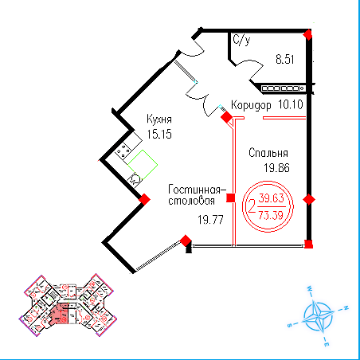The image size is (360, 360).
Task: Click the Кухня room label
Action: pos(159,119)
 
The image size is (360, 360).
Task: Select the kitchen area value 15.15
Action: pos(159,134)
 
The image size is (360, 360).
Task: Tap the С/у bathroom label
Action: pos(241,40)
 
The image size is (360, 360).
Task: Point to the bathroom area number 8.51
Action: pos(285,59)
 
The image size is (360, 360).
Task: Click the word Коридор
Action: pos(251,105)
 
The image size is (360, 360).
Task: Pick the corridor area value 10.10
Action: pos(291,104)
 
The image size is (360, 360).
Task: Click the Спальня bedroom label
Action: pos(268,153)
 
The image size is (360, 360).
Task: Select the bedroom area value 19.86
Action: pos(276,168)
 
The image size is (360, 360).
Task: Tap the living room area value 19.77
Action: pos(210,220)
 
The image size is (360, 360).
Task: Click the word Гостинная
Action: pos(194,190)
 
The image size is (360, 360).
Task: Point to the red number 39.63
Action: pos(272,198)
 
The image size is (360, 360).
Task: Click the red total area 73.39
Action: pos(271,215)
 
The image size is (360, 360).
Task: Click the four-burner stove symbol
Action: pos(123,151)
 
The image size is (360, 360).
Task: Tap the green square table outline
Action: pos(143,165)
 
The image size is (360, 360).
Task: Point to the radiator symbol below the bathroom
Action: pos(284,88)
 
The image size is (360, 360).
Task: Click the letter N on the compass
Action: pos(346,308)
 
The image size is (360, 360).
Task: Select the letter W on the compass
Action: pos(309,289)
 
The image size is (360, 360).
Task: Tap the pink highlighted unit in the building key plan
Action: pos(59,314)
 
